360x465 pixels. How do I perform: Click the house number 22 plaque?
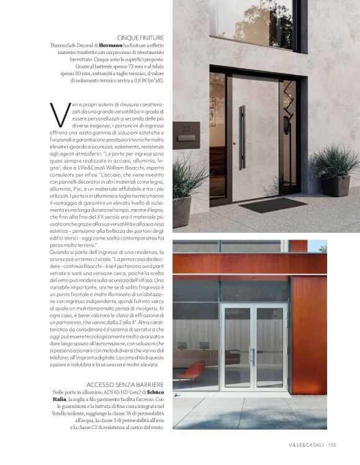pyautogui.click(x=186, y=129)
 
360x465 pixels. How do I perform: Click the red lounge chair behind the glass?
pyautogui.click(x=191, y=370)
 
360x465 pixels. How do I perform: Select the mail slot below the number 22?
pyautogui.click(x=186, y=138)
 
